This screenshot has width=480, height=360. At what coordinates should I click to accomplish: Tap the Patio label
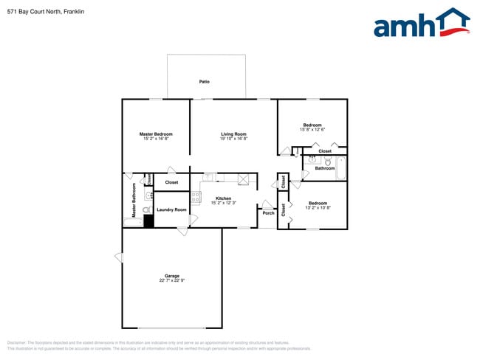tap(205, 81)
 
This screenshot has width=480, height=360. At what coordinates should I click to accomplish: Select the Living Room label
tap(233, 134)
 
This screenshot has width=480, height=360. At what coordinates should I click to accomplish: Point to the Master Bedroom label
tap(156, 134)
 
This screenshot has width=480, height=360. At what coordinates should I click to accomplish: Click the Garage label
tap(172, 276)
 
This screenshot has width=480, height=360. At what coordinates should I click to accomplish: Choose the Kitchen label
tap(223, 198)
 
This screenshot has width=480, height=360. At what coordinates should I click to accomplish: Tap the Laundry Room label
tap(171, 210)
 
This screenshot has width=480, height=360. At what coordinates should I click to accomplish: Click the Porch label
tap(268, 213)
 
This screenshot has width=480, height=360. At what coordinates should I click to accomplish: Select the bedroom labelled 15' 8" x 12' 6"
tap(312, 127)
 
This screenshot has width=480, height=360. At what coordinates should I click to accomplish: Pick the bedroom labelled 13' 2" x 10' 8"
tap(318, 205)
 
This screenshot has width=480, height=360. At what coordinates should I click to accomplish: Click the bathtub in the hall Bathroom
tap(340, 167)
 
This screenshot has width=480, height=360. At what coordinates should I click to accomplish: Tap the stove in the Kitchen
tap(196, 198)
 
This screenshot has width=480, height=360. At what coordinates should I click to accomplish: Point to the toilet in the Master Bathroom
tap(147, 210)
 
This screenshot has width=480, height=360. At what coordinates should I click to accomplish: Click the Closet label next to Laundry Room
tap(171, 182)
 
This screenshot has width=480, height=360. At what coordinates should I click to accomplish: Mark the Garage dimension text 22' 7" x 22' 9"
tap(172, 280)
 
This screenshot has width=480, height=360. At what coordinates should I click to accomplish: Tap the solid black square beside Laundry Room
tap(148, 221)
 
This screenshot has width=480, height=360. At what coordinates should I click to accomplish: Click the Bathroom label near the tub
tap(325, 168)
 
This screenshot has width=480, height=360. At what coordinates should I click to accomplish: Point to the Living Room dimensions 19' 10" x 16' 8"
tap(233, 138)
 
